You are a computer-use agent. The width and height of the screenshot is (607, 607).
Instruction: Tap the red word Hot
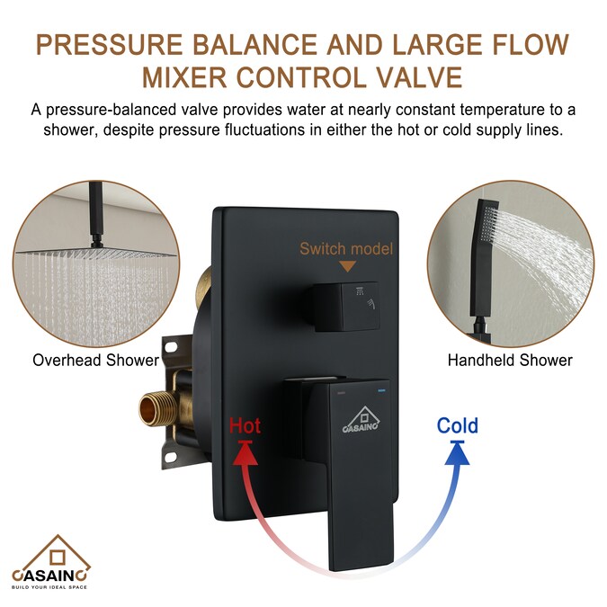245,424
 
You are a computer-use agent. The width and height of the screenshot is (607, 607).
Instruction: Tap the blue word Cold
457,424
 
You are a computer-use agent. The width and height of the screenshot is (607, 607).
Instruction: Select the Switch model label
346,248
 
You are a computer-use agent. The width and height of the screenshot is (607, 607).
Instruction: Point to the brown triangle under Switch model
346,266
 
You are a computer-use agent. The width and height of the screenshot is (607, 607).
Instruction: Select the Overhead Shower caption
95,361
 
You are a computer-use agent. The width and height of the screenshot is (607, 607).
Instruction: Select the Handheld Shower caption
510,361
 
